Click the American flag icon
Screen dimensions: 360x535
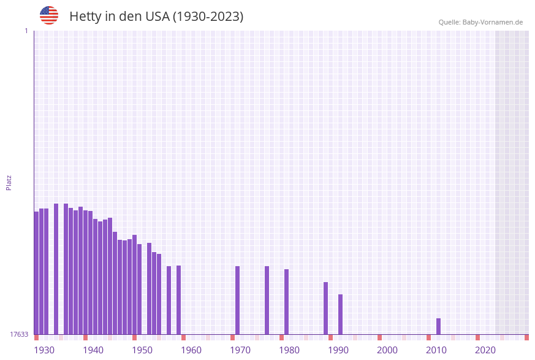49,15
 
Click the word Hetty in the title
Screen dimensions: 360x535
85,17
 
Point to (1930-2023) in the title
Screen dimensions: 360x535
208,17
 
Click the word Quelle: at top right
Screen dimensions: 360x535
449,22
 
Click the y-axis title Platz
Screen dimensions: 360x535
9,182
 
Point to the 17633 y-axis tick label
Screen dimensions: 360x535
19,334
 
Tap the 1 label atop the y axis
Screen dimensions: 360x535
26,31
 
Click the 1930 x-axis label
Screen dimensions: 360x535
44,350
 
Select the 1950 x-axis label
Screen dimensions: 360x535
142,350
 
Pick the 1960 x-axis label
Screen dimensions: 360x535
191,350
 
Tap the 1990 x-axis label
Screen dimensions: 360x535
338,350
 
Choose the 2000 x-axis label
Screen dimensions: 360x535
387,350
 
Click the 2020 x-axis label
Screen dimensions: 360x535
485,350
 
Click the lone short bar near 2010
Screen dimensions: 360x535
438,326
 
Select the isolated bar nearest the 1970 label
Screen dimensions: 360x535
237,300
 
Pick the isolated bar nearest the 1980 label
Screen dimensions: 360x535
286,302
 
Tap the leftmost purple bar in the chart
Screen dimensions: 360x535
36,273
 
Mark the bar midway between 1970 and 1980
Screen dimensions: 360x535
267,300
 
